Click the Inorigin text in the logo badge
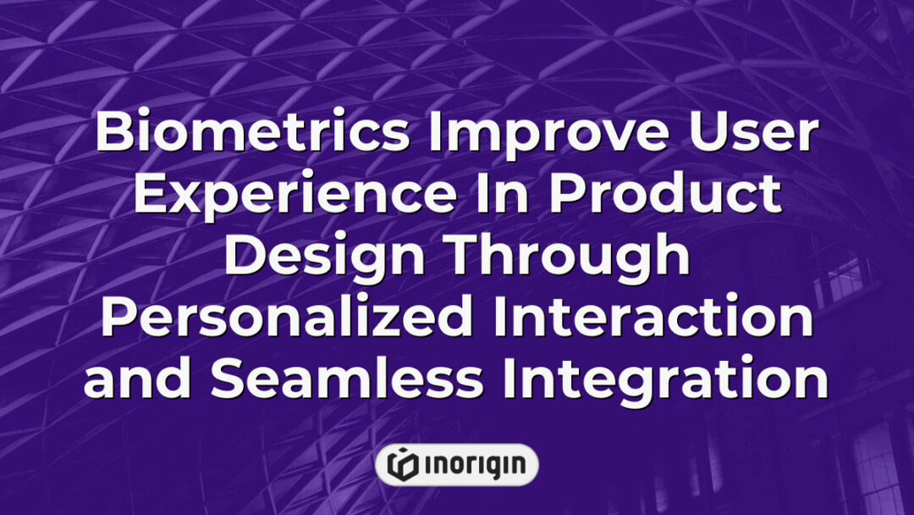coord(475,464)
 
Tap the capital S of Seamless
coord(229,380)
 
